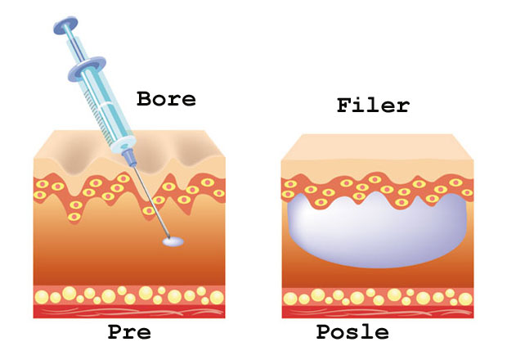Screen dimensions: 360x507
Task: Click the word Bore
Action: (166, 100)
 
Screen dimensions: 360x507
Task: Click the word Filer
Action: (373, 106)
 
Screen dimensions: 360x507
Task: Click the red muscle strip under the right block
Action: (376, 311)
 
